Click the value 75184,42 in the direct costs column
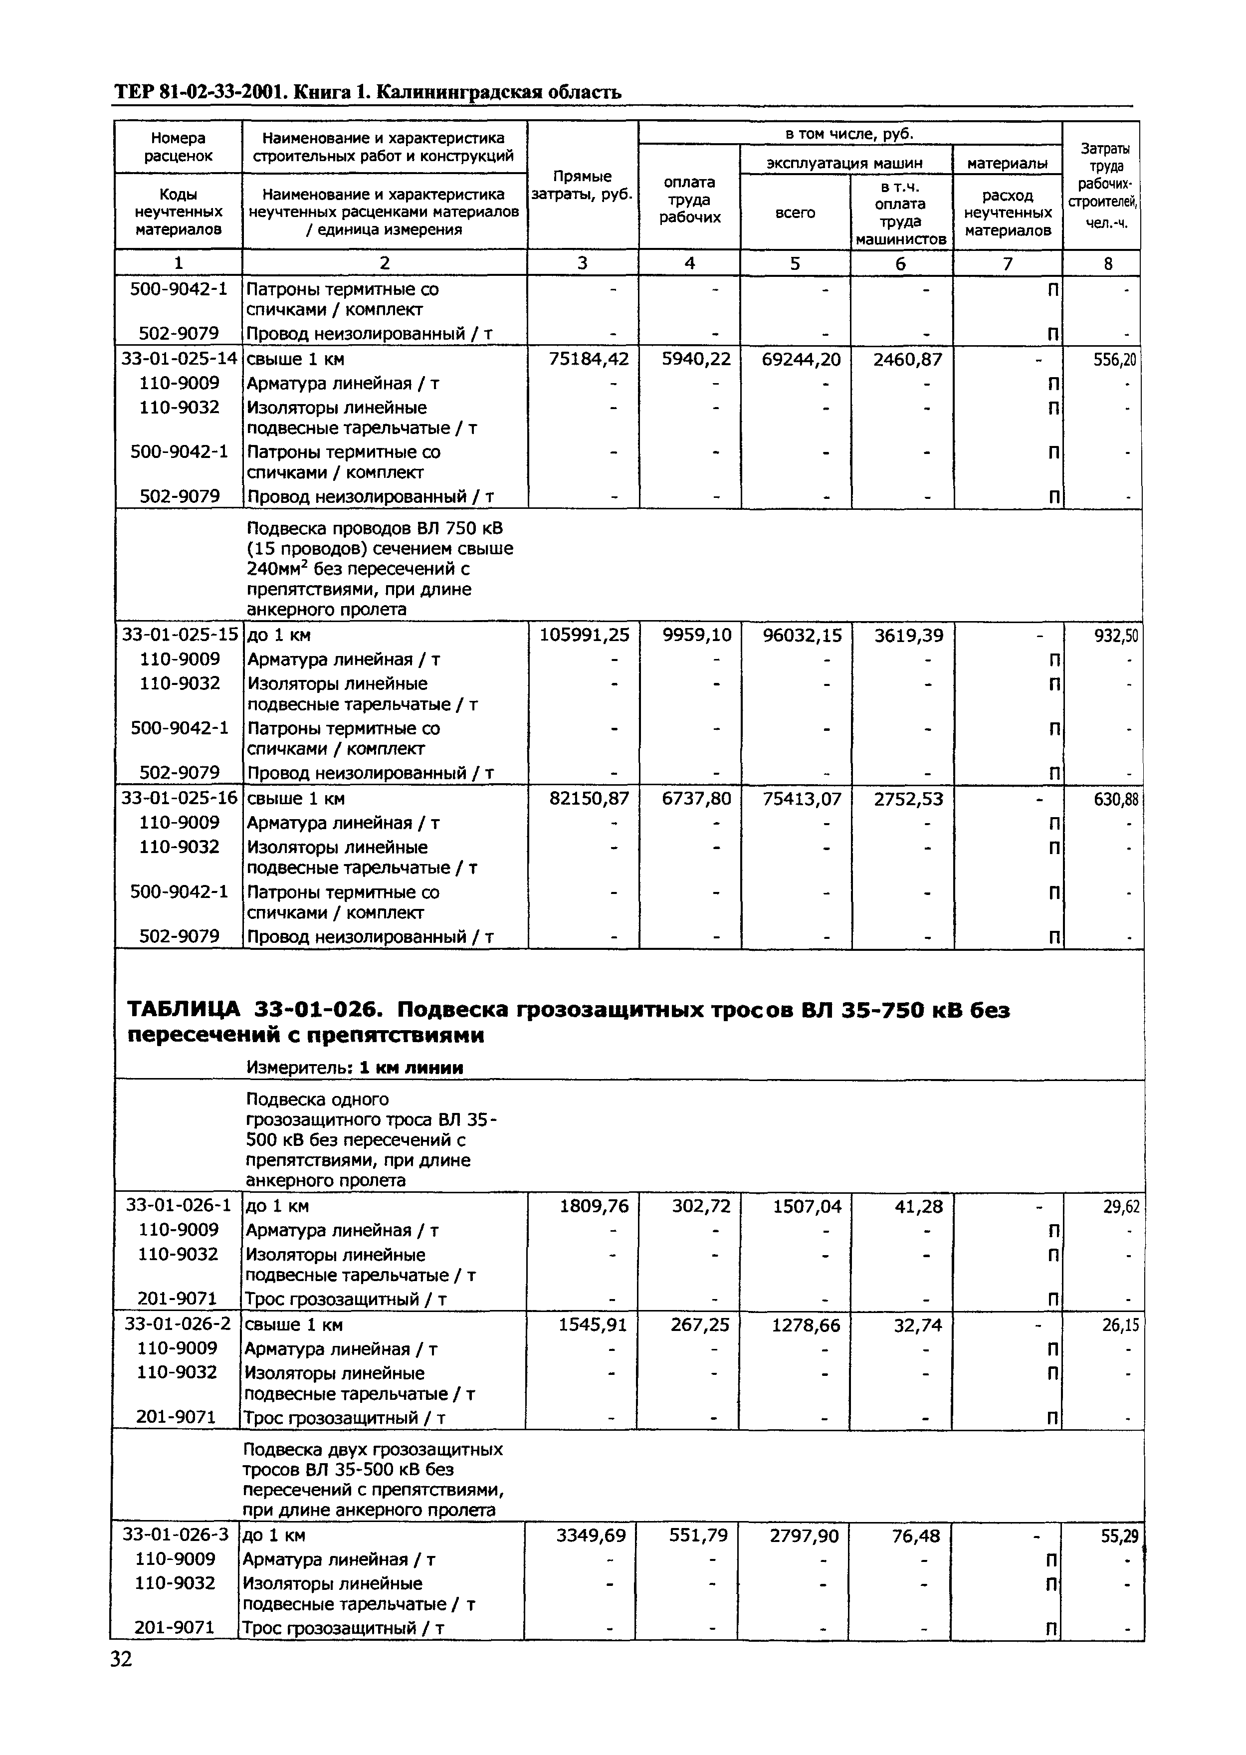[589, 359]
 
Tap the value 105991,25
[584, 635]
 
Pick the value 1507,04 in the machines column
[807, 1206]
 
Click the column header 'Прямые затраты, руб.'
[582, 186]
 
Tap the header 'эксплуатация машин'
[845, 163]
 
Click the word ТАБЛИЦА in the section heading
[183, 1011]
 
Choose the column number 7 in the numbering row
[1008, 263]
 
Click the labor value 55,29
[1120, 1536]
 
